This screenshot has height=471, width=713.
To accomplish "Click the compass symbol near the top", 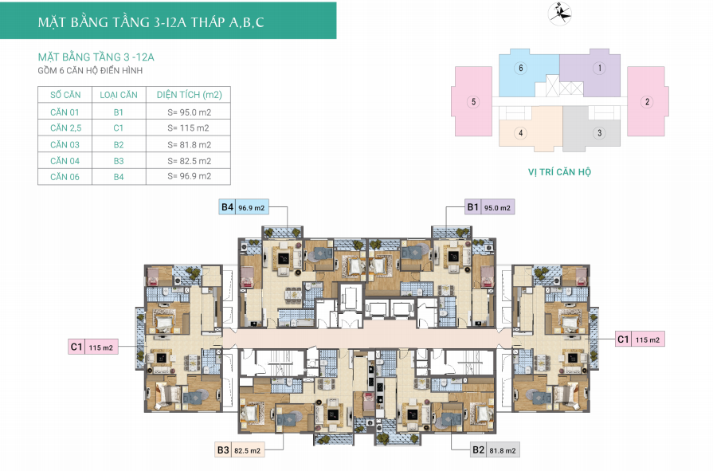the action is point(560,14).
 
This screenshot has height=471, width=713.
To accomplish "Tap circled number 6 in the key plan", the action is point(521,69).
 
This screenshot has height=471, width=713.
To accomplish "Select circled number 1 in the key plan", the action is point(599,69).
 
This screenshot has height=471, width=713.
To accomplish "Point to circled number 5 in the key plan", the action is point(473,101).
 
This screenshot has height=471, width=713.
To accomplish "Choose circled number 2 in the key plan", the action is point(647,101).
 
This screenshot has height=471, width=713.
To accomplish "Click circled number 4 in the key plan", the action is point(521,133).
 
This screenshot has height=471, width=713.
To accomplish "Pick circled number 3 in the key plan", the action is point(599,133).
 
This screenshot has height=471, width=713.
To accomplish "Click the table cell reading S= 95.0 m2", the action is point(189,112).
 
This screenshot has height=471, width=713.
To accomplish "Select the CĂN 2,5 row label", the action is point(66,128).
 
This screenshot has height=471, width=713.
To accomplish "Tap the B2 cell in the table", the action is point(119,145).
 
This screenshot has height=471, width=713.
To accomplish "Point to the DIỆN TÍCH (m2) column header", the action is point(189,95).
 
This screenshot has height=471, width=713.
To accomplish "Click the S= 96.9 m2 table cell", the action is point(189,176).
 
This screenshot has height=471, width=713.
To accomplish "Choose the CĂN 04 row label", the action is point(65,161).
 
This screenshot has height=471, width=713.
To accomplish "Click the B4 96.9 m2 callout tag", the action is point(243,207).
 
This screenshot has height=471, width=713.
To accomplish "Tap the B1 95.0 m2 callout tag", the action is point(489,207).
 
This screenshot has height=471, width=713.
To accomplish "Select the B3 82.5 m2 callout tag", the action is point(240,450).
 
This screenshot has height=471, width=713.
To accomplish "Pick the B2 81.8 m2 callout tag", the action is point(495,450).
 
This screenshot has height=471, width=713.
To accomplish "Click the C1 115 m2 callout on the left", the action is point(93,347).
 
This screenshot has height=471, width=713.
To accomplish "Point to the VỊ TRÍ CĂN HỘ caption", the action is point(560,171).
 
